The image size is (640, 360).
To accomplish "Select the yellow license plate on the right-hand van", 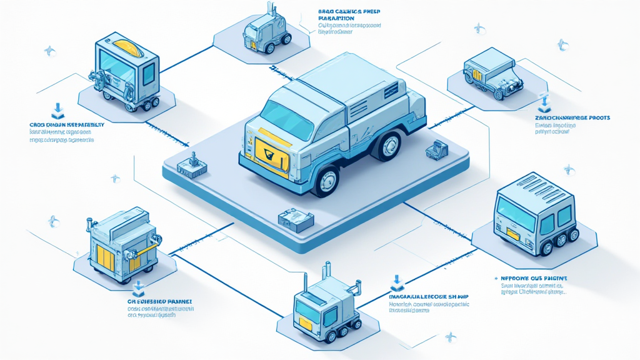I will point(513,233).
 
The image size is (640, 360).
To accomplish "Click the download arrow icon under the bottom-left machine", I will point(139,287).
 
